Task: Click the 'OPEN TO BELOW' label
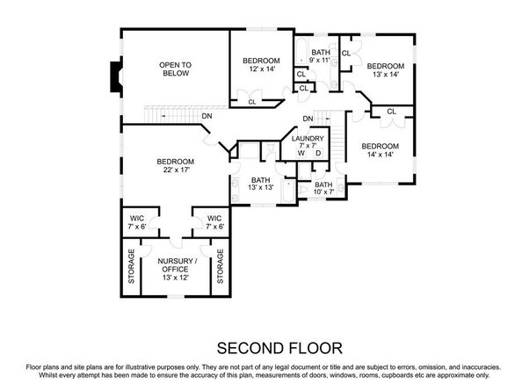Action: tap(175, 69)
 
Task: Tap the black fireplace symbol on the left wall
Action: tap(113, 77)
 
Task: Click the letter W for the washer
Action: tap(301, 154)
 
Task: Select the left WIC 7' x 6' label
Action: tap(137, 221)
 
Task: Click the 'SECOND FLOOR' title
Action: tap(261, 346)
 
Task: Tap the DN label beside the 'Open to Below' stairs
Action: tap(206, 116)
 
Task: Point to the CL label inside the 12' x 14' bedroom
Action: tap(252, 102)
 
